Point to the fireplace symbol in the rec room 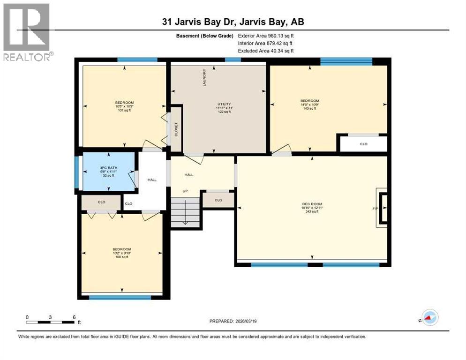pyautogui.click(x=382, y=208)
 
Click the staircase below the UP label pyautogui.click(x=185, y=212)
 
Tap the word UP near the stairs pyautogui.click(x=185, y=191)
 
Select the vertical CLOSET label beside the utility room pyautogui.click(x=176, y=129)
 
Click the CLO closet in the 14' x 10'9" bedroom pyautogui.click(x=363, y=144)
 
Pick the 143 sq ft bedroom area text pyautogui.click(x=309, y=108)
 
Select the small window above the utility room pyautogui.click(x=233, y=60)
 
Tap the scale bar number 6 pyautogui.click(x=74, y=317)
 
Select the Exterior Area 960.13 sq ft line pyautogui.click(x=266, y=36)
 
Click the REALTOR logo pyautogui.click(x=27, y=32)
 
